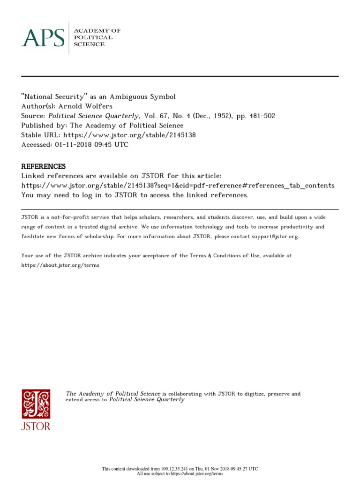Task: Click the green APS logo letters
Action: coord(43,37)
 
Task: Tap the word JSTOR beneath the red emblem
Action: coord(36,426)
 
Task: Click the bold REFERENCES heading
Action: coord(44,166)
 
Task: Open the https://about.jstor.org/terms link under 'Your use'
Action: coord(60,265)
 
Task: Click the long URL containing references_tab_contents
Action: coord(178,186)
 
